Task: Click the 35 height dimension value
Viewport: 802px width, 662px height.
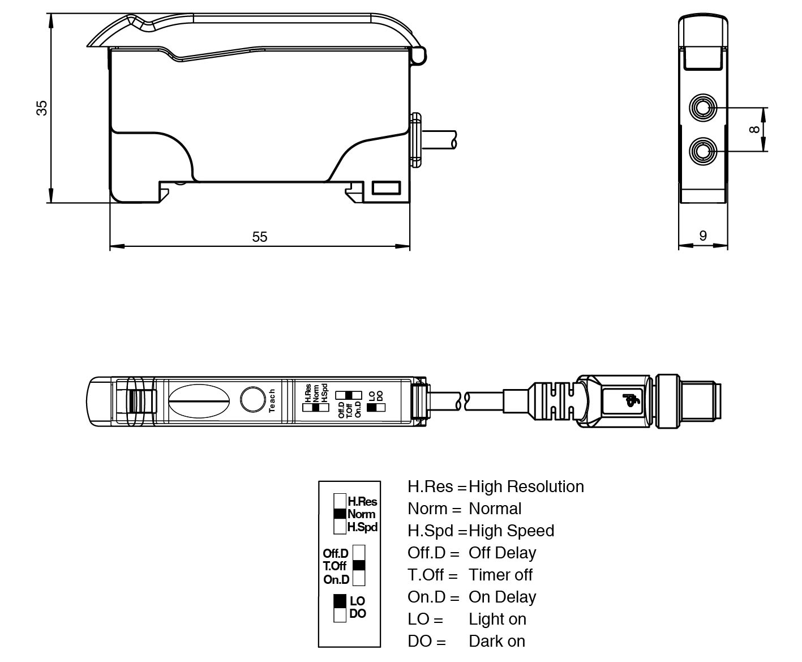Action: (x=42, y=108)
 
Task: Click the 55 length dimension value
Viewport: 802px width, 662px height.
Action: (x=259, y=237)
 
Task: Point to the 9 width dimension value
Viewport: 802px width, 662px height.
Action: (x=703, y=236)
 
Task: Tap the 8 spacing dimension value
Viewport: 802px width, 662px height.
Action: (x=754, y=129)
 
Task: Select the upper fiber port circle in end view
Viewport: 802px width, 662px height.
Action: (x=703, y=108)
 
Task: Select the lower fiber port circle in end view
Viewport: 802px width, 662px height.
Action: (x=703, y=151)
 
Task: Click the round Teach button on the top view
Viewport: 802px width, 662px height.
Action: (x=252, y=399)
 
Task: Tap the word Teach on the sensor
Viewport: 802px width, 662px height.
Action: (x=272, y=400)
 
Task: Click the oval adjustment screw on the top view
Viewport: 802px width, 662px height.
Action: (x=199, y=401)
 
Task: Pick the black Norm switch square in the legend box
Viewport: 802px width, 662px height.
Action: (x=340, y=514)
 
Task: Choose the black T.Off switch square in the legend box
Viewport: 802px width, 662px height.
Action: (x=359, y=565)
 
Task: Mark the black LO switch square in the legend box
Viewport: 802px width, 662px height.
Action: (x=340, y=601)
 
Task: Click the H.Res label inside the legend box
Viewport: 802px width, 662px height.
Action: (x=362, y=502)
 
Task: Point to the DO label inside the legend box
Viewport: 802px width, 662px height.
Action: (x=358, y=614)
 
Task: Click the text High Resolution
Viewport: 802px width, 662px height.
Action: (x=526, y=486)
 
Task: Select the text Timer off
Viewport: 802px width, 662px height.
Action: (x=500, y=575)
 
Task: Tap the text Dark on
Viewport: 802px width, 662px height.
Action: (x=497, y=641)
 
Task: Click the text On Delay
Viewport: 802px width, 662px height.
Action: (x=502, y=597)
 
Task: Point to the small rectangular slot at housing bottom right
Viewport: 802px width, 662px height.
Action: (x=386, y=187)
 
